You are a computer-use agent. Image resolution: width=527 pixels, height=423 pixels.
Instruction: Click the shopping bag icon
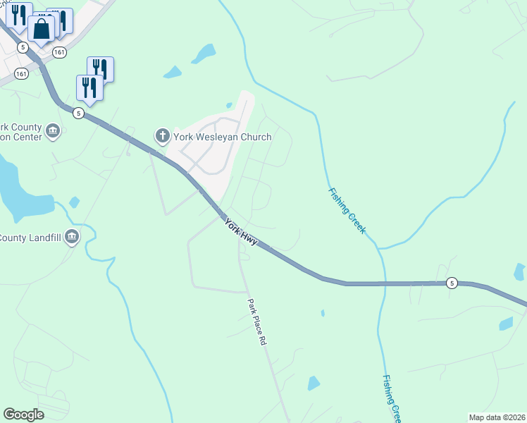[x=42, y=30]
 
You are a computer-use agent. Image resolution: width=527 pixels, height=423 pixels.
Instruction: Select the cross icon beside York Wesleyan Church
[x=162, y=135]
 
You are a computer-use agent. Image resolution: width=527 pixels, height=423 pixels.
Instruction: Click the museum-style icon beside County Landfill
[x=71, y=238]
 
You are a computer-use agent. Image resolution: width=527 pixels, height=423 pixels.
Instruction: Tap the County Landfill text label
[x=30, y=238]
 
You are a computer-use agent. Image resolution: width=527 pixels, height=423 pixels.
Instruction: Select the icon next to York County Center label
[x=53, y=131]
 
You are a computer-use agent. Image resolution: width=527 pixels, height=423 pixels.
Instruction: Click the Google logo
[x=23, y=414]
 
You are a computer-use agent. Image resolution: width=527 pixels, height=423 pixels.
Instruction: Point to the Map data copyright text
[x=497, y=417]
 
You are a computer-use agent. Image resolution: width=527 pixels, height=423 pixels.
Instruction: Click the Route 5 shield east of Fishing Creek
[x=452, y=283]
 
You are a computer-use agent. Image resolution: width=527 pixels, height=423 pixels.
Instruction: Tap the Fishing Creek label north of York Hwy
[x=347, y=211]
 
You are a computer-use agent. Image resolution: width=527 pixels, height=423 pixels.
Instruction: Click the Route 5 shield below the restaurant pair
[x=78, y=113]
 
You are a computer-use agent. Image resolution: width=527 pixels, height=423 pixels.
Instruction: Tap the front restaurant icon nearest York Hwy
[x=89, y=87]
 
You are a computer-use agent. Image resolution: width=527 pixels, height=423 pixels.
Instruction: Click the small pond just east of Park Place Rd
[x=314, y=383]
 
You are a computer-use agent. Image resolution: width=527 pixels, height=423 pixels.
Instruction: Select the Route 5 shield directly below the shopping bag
[x=23, y=47]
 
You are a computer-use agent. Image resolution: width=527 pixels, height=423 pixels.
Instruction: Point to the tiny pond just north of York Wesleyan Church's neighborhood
[x=230, y=106]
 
